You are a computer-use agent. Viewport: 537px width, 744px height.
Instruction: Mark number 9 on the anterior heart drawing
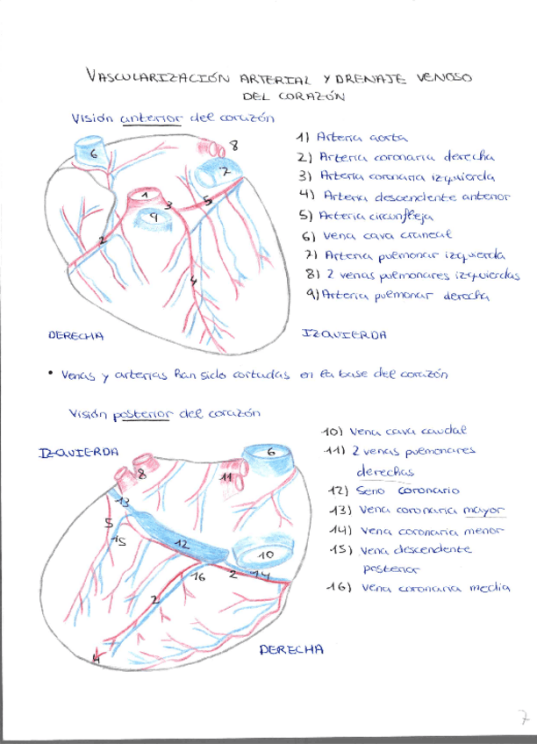coord(153,215)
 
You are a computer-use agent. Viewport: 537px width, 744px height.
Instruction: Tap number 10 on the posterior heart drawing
coord(266,554)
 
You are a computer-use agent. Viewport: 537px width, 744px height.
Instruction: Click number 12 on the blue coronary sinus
coord(182,544)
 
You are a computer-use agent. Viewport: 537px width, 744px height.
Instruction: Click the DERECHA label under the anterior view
coord(75,335)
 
